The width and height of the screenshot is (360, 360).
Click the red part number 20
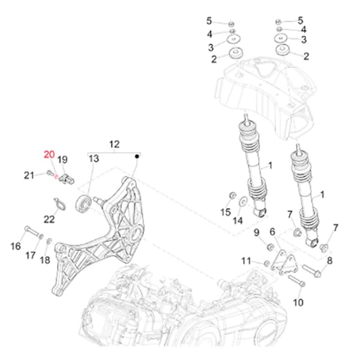[x=48, y=155]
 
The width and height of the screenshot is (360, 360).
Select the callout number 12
[x=114, y=144]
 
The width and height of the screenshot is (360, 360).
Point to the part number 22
[x=49, y=219]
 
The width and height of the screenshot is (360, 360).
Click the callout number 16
[x=16, y=247]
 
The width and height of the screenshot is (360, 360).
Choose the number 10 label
[x=298, y=302]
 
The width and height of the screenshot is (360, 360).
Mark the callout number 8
[x=329, y=260]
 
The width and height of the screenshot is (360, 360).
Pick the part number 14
[x=238, y=220]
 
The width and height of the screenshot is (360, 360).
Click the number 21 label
[x=29, y=175]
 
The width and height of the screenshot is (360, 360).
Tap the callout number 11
[x=247, y=260]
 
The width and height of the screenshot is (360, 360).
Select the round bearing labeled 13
[x=83, y=202]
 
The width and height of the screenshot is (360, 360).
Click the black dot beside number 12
[x=137, y=156]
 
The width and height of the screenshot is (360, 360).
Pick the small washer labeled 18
[x=49, y=242]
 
